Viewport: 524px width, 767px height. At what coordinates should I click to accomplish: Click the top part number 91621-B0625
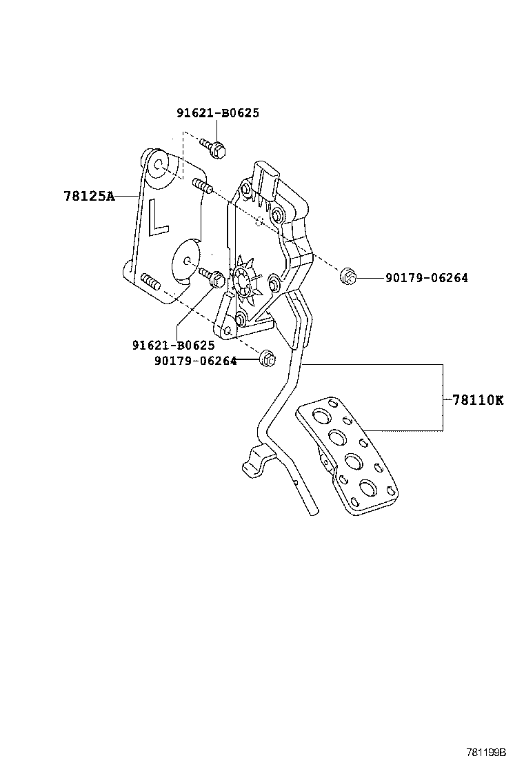point(218,113)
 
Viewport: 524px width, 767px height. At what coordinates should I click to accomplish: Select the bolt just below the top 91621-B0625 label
point(214,148)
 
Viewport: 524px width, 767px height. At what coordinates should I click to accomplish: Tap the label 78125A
point(89,196)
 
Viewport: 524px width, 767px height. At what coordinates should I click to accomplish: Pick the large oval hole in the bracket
point(185,261)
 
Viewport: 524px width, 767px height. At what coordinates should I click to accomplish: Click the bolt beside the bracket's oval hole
point(213,278)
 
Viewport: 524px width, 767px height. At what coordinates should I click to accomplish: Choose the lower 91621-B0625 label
point(173,345)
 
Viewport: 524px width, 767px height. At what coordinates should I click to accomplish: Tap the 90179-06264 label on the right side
point(426,278)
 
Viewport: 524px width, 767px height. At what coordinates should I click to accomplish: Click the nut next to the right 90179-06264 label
point(349,278)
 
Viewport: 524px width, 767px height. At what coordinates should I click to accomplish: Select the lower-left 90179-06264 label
point(194,360)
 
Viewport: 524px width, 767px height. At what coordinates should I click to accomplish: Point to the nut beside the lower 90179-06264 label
point(268,359)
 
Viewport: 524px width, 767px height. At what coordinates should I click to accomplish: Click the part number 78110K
point(478,399)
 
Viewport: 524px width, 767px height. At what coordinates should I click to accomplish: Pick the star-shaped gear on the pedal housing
point(242,281)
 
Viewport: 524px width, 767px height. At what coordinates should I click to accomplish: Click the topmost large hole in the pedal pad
point(321,416)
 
